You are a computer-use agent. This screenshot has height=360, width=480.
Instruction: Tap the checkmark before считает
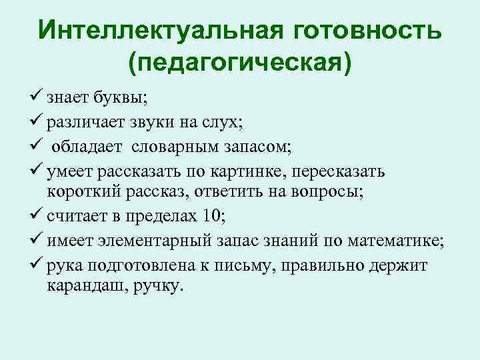37,215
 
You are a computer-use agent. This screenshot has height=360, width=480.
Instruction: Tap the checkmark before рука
37,263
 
